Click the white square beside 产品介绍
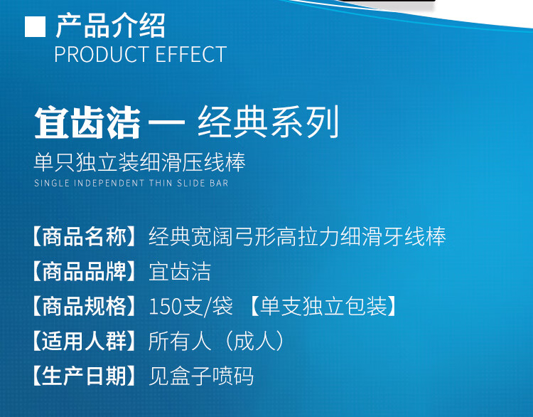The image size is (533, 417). coord(35,26)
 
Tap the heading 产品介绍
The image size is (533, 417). coord(110,26)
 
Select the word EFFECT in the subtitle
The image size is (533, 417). coord(191,54)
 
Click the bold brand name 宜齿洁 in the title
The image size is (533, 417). coord(87,122)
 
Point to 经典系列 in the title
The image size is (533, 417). coord(269,122)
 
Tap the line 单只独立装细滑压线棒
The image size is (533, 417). coord(140,162)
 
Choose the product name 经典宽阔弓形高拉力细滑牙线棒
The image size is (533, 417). coord(298,236)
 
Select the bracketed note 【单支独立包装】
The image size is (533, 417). coord(323,306)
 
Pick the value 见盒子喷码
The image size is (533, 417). coord(201,376)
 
